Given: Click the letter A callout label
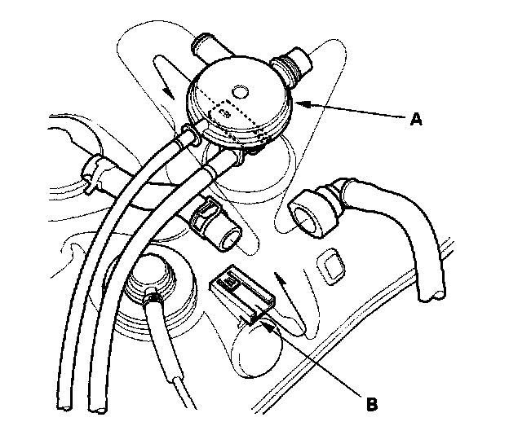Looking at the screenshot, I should [416, 119].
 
